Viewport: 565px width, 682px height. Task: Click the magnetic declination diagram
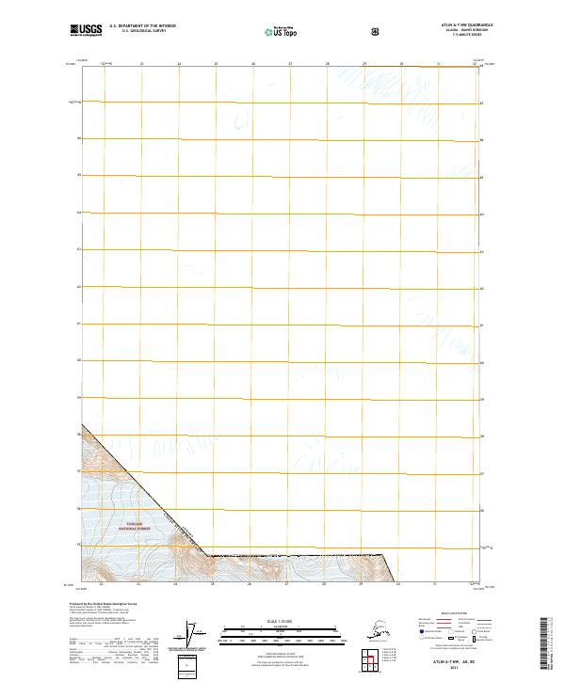pos(196,633)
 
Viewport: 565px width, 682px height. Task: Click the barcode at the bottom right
pos(545,644)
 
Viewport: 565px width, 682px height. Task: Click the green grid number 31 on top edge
pos(439,64)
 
